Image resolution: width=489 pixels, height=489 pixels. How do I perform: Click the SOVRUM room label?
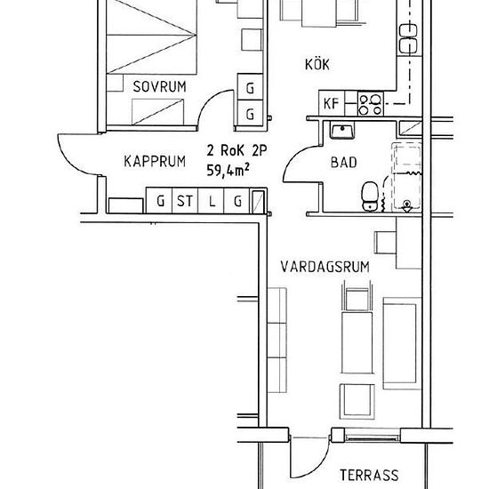coord(159,87)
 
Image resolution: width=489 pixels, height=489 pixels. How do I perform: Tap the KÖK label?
coord(317,64)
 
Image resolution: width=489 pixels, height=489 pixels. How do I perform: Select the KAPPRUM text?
coord(155,162)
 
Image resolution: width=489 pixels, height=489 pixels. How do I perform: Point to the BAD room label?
coord(343,163)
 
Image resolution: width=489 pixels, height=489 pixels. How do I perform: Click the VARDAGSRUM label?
coord(325,267)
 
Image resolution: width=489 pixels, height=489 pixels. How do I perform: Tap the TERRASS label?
coord(369,475)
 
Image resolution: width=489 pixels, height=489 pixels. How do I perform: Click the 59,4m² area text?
coord(228,171)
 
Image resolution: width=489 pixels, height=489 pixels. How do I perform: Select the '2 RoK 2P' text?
coord(236,150)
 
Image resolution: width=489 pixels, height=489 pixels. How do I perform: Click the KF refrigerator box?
coord(332,103)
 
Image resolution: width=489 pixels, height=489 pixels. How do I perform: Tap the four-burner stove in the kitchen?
coord(371,104)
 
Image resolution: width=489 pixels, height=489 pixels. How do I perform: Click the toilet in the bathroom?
coord(370,196)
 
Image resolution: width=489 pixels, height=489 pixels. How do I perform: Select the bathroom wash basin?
coord(342,131)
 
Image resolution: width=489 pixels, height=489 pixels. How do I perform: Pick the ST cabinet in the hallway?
coord(185,201)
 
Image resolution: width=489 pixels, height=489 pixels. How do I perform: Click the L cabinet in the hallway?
coord(211,201)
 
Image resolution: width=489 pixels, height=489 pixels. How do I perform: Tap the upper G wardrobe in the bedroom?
coord(250,87)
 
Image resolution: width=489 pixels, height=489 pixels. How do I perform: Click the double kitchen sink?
coord(408,38)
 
